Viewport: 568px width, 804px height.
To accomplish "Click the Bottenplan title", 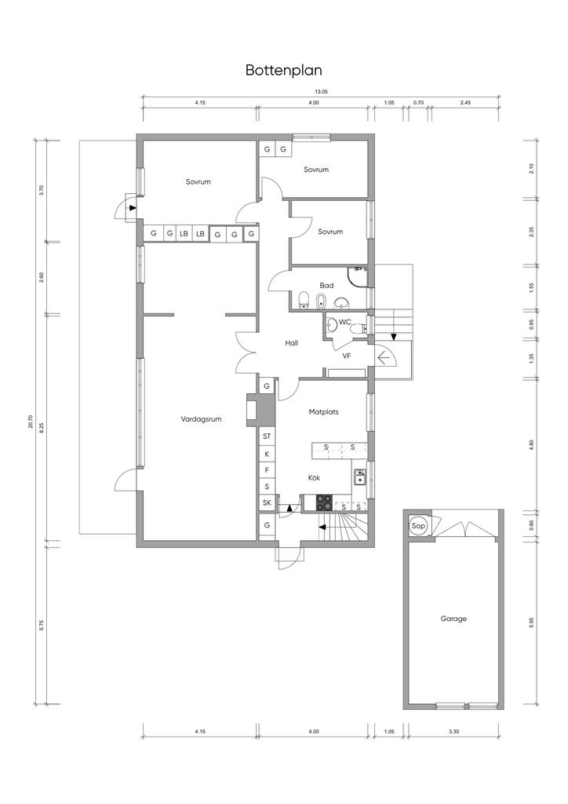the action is [284, 70].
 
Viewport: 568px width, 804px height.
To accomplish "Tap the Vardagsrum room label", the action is [202, 419].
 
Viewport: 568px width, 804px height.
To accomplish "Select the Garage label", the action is [453, 619].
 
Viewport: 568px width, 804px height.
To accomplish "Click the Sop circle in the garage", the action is [418, 525].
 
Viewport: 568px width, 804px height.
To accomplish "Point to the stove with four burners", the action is [324, 502].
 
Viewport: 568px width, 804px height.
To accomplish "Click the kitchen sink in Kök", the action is [359, 477].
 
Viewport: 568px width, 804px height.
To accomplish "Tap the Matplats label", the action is [324, 411].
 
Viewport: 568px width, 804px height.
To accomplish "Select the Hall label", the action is [292, 343].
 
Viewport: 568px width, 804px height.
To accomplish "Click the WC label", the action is [344, 322].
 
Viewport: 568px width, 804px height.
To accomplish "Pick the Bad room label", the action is [326, 286].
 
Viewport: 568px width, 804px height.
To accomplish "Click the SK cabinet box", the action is [267, 503].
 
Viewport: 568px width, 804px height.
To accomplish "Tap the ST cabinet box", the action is [267, 437].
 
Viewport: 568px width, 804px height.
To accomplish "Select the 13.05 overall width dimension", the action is [321, 92].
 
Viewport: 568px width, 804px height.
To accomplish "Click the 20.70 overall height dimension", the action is [31, 422].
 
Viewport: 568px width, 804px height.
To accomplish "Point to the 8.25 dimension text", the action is [42, 426].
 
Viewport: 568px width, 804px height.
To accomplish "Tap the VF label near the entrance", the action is [346, 356].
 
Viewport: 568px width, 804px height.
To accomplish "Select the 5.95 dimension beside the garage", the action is [532, 623].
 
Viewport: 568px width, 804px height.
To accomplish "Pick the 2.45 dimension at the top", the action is [465, 103].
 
